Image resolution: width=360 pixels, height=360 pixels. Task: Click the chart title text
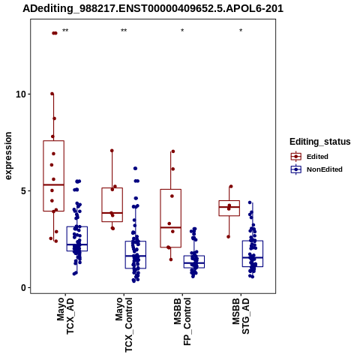(x=153, y=9)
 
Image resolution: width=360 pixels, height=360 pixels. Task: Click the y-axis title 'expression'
(x=8, y=156)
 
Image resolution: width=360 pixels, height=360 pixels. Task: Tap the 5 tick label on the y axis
(x=24, y=191)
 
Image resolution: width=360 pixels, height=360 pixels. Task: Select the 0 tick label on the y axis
(x=24, y=288)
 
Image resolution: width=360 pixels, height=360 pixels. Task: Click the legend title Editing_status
(x=320, y=142)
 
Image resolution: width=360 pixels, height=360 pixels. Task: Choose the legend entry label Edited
(x=317, y=157)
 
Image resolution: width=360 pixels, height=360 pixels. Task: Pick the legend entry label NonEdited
(x=325, y=169)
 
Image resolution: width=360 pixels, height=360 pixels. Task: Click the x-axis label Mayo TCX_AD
(x=65, y=316)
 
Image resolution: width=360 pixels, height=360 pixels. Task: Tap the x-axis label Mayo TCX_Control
(x=124, y=325)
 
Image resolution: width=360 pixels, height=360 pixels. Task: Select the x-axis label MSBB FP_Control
(x=182, y=322)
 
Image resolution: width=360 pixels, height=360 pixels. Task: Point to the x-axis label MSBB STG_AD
(x=241, y=316)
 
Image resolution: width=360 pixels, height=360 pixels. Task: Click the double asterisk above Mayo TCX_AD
(x=65, y=31)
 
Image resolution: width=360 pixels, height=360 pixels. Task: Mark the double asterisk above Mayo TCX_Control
(x=124, y=31)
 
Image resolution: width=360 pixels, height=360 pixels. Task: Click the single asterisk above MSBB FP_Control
(x=182, y=31)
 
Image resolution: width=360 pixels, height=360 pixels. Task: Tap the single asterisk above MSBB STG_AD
(x=241, y=31)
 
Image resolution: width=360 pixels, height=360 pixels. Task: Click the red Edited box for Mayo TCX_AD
(x=54, y=141)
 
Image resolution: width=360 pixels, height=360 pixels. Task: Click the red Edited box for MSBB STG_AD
(x=229, y=201)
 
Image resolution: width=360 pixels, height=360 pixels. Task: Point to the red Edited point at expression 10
(x=52, y=94)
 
